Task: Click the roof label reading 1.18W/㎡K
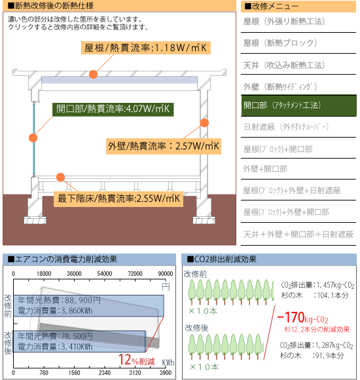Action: pos(146,48)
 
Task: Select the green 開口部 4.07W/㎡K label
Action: pos(113,109)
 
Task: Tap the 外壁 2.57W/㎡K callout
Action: pos(164,146)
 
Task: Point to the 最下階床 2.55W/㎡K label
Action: pos(118,199)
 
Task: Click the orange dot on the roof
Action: pos(93,74)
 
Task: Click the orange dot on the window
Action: pos(33,138)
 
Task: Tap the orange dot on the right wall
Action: pos(205,123)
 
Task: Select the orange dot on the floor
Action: pos(60,177)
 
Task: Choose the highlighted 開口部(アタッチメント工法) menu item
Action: pos(298,105)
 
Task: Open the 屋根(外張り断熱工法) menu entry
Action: pos(284,22)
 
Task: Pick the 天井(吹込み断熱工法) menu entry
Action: pos(284,66)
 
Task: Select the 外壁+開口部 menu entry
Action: pos(265,169)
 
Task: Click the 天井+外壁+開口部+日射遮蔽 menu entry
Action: pos(298,235)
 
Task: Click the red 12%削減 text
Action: pos(137,360)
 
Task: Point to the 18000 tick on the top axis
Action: pos(44,274)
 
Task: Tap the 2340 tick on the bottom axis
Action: pos(105,373)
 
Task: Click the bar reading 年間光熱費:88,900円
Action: pos(88,305)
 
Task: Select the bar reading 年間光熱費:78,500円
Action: pos(79,341)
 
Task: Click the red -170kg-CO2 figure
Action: pos(302,318)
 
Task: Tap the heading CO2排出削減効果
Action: pos(222,259)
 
